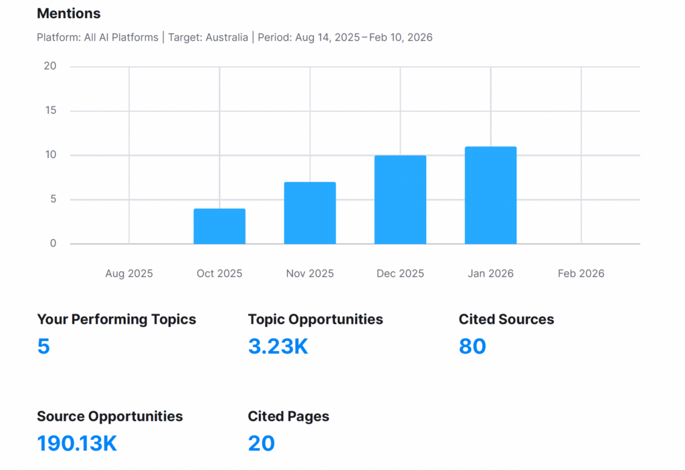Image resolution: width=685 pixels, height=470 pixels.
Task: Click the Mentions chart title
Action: click(x=68, y=13)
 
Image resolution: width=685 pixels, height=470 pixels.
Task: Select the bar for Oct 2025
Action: click(x=219, y=227)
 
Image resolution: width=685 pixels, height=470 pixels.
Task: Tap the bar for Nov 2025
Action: click(x=310, y=213)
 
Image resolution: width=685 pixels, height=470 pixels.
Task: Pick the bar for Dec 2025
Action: click(x=400, y=200)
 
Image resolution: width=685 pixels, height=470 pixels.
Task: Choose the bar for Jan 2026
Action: click(x=490, y=195)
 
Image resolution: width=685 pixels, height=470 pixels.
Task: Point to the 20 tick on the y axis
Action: click(x=50, y=66)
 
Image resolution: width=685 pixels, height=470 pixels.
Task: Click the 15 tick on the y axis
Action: click(x=50, y=111)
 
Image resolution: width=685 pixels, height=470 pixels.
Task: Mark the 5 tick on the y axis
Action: click(x=53, y=199)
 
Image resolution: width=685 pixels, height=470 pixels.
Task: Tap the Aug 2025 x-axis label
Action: click(x=129, y=273)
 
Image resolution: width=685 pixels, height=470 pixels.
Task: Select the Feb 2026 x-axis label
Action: click(x=581, y=273)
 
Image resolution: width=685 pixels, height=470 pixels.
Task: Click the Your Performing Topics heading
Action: click(x=116, y=320)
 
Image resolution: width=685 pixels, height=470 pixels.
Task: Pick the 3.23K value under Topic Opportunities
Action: click(x=278, y=346)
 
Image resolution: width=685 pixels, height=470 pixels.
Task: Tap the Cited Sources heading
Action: click(x=506, y=320)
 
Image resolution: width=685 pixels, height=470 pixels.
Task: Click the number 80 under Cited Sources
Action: click(x=472, y=346)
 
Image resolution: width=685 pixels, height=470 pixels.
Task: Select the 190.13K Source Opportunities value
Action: click(x=77, y=443)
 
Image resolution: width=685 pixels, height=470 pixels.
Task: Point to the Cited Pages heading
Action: click(x=288, y=417)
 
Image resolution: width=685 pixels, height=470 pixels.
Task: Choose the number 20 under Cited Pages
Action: click(x=261, y=443)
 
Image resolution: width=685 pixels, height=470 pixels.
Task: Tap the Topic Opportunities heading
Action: click(x=315, y=320)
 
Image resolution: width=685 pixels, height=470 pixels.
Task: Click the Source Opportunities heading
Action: click(x=110, y=417)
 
